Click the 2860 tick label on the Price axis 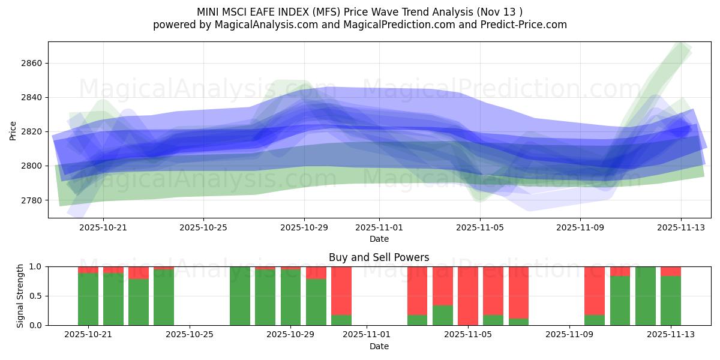click(30, 63)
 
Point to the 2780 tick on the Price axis click(30, 200)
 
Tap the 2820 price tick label click(30, 131)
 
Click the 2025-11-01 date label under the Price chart click(379, 227)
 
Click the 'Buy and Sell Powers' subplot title click(379, 257)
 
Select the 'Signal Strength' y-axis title click(20, 296)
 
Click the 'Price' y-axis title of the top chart click(13, 130)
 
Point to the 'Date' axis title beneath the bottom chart click(379, 346)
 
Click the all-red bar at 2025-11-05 click(467, 296)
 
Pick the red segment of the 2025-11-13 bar click(670, 271)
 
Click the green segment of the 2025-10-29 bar click(291, 297)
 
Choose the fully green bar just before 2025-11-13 click(645, 296)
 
